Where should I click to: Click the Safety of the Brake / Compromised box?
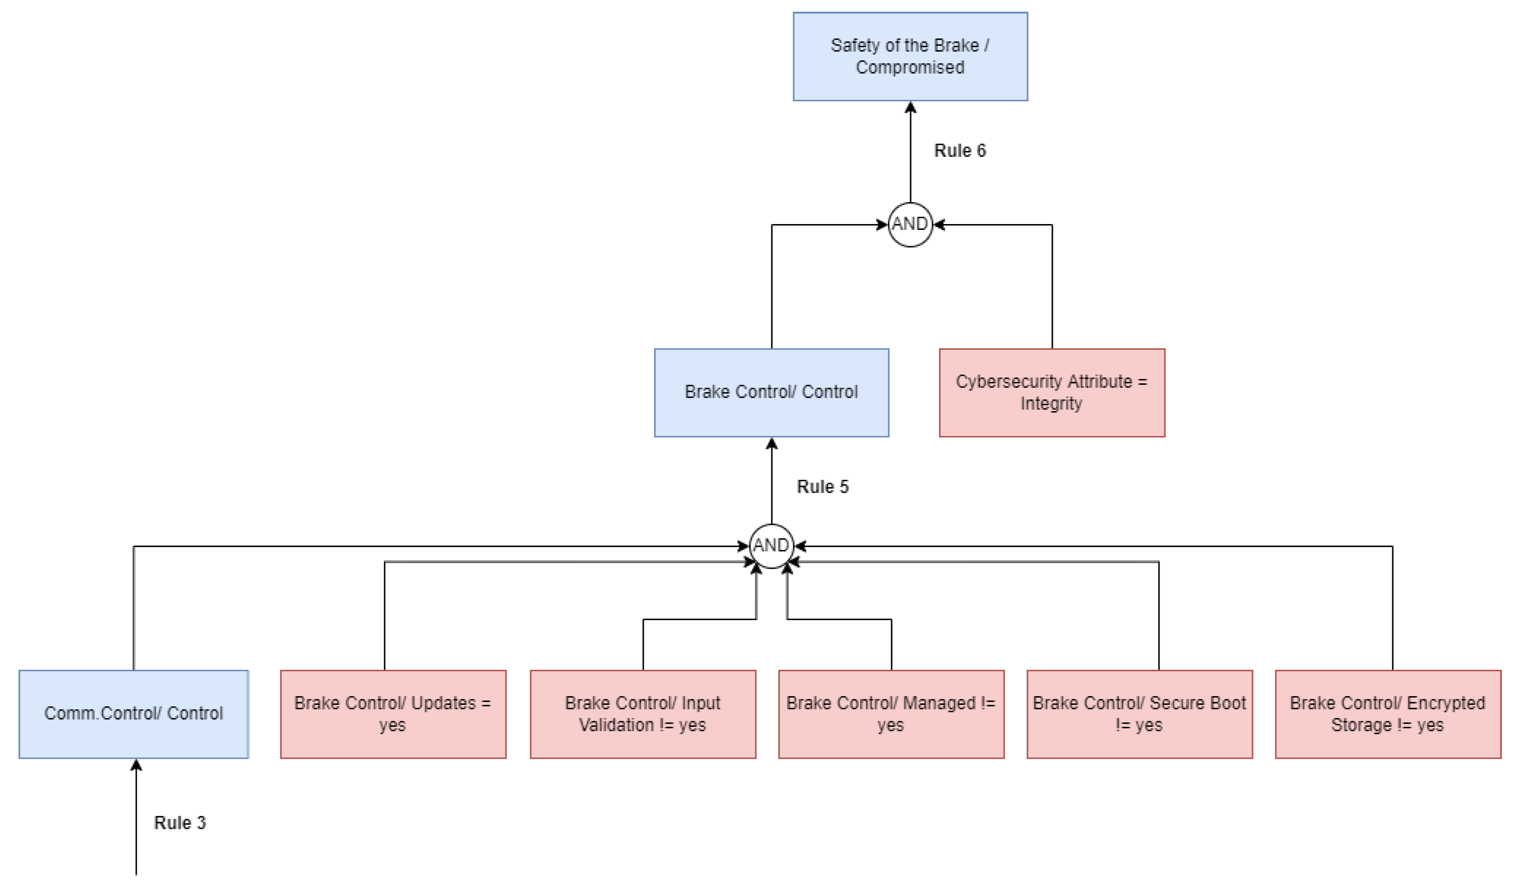pyautogui.click(x=910, y=57)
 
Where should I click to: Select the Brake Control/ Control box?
pyautogui.click(x=771, y=393)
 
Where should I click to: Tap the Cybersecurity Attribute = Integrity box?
pyautogui.click(x=1051, y=393)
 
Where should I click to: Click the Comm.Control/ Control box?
pyautogui.click(x=133, y=714)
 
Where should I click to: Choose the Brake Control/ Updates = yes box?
pyautogui.click(x=393, y=714)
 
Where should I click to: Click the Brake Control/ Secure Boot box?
pyautogui.click(x=1139, y=714)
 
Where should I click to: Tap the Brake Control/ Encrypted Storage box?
pyautogui.click(x=1387, y=714)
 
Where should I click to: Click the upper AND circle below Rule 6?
pyautogui.click(x=910, y=224)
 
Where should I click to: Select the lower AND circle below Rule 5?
pyautogui.click(x=771, y=546)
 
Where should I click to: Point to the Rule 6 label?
pyautogui.click(x=959, y=151)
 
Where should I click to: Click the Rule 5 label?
pyautogui.click(x=822, y=487)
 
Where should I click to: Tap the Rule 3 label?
pyautogui.click(x=180, y=822)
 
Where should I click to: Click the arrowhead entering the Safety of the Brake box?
pyautogui.click(x=910, y=108)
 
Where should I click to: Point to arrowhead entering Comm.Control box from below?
pyautogui.click(x=136, y=765)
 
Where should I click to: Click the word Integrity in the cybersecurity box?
pyautogui.click(x=1051, y=403)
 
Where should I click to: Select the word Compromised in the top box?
pyautogui.click(x=910, y=67)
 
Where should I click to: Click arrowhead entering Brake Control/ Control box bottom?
pyautogui.click(x=771, y=444)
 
